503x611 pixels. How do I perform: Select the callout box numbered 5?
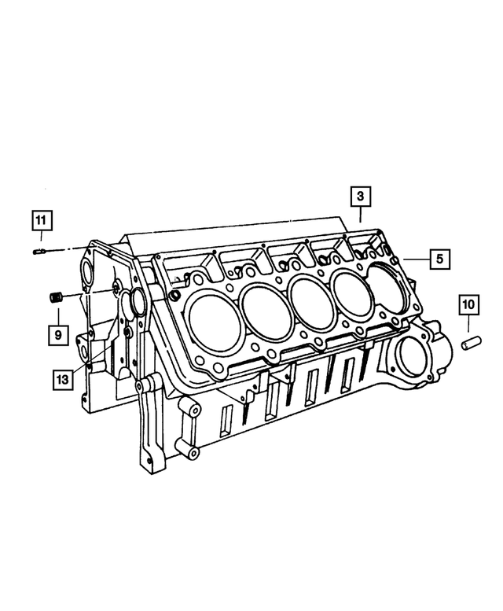tap(439, 258)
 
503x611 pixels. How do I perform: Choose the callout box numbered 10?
tap(468, 304)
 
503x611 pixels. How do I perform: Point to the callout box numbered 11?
tap(42, 219)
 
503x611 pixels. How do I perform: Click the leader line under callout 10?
tap(468, 326)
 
